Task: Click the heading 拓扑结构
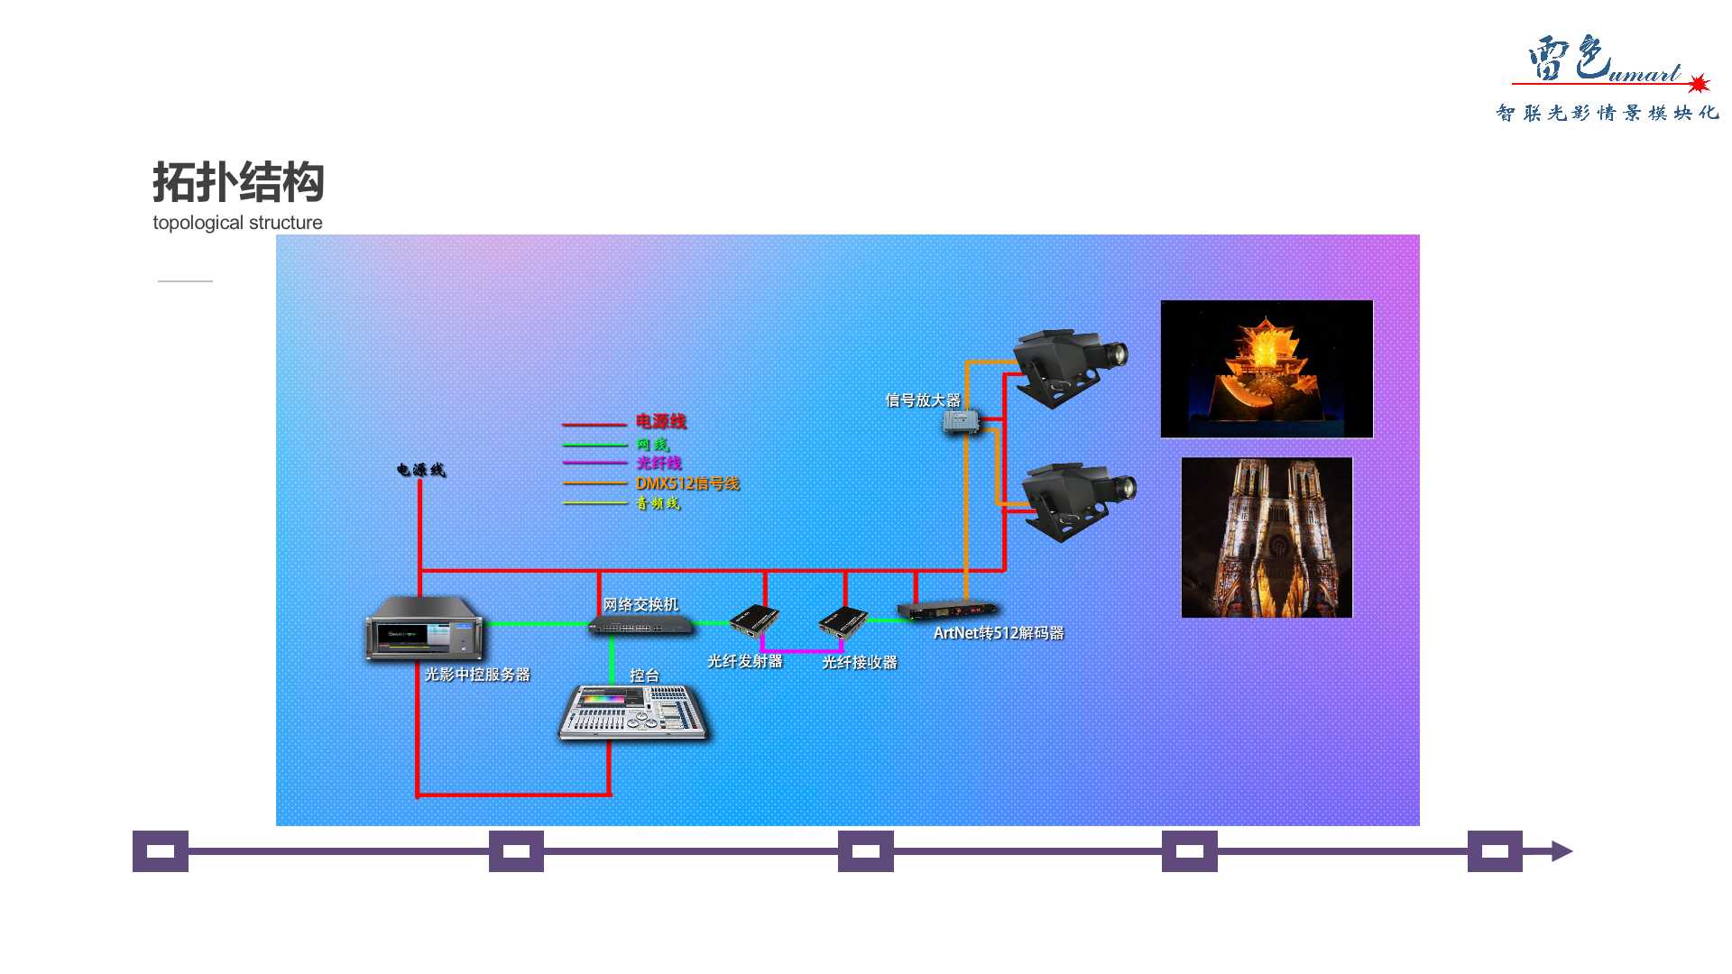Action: point(238,182)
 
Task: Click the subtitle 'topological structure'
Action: point(237,223)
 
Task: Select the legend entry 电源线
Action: point(660,421)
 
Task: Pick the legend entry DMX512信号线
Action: point(687,483)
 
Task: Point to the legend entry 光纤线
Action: point(659,463)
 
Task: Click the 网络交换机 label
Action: point(640,604)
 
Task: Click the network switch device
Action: point(641,625)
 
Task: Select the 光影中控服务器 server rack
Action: point(424,629)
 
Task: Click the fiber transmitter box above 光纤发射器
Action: point(754,621)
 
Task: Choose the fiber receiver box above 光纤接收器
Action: point(843,623)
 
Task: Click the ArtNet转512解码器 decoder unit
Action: point(947,611)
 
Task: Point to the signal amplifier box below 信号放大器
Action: point(961,422)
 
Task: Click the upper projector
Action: point(1070,365)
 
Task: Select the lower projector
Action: point(1077,501)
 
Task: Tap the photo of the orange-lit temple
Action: point(1267,369)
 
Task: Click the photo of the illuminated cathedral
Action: point(1267,538)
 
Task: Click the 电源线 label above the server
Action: point(421,470)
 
